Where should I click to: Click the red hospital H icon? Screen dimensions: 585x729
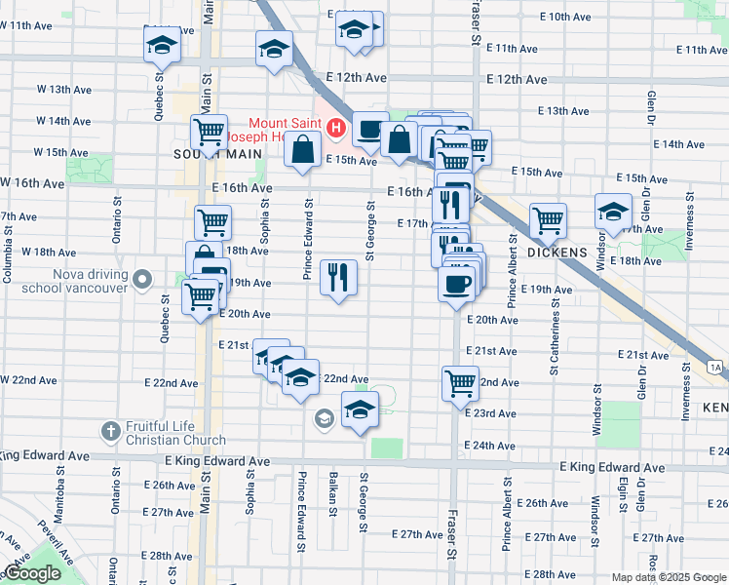[336, 127]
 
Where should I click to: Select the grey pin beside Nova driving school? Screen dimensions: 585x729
[142, 280]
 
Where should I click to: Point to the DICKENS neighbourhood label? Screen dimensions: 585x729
[558, 252]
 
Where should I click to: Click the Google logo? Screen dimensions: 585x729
[32, 574]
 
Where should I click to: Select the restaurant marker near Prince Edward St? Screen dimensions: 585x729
[338, 276]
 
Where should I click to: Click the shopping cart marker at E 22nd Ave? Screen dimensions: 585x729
[460, 382]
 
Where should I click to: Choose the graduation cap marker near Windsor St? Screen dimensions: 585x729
[614, 211]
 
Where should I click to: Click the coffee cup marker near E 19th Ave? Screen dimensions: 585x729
[457, 284]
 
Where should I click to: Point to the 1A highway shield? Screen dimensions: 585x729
[717, 367]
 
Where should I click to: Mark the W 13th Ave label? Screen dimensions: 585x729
[64, 90]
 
